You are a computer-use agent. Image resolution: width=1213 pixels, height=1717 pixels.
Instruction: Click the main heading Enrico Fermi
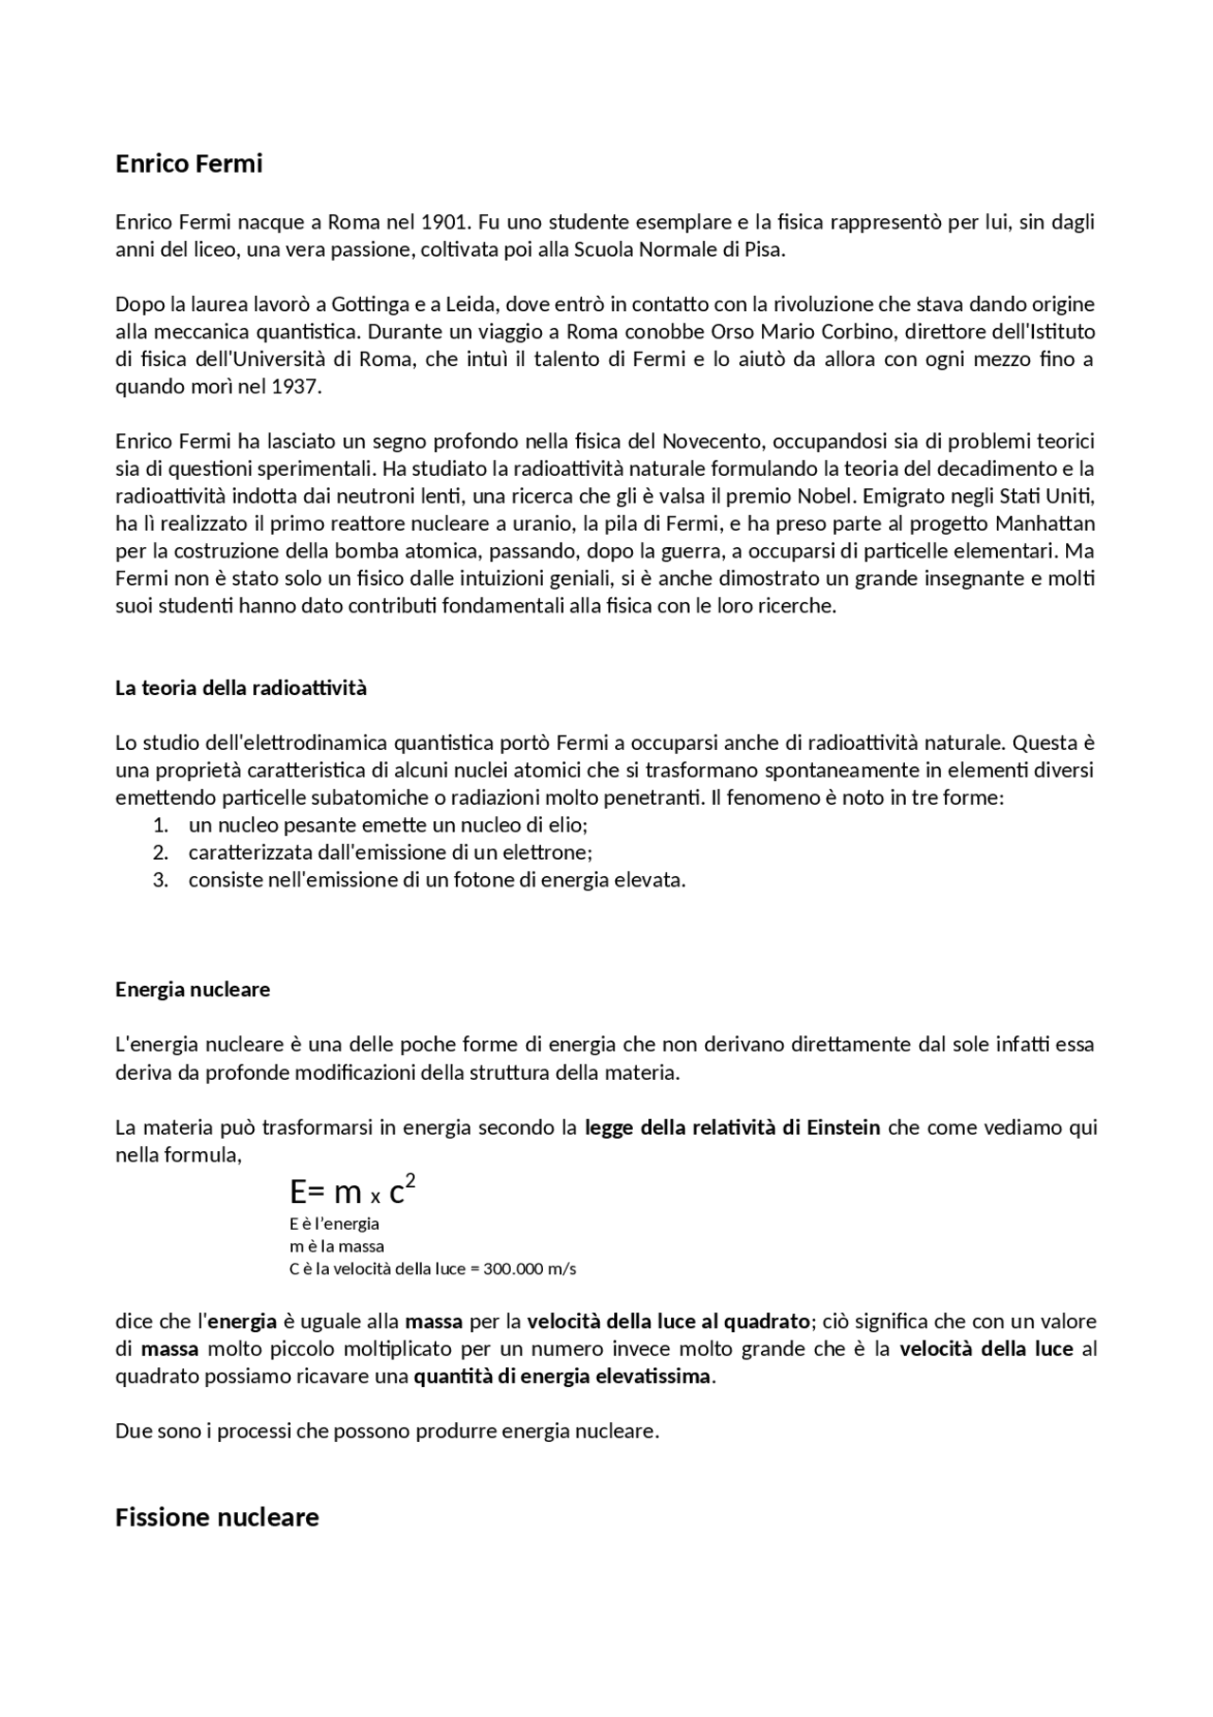(189, 164)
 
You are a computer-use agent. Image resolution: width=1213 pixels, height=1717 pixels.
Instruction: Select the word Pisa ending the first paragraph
(765, 250)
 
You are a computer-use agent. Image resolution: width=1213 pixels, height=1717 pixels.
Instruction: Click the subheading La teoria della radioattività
(241, 688)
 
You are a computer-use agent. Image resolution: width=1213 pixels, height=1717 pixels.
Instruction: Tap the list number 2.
(160, 852)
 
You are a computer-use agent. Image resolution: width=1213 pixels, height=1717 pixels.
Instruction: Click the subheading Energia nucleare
(192, 990)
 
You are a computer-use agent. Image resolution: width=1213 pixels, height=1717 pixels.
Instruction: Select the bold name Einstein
(845, 1128)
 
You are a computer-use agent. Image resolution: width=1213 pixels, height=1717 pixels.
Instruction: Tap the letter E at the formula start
(298, 1192)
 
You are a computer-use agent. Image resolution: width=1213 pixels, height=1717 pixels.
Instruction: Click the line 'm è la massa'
(336, 1246)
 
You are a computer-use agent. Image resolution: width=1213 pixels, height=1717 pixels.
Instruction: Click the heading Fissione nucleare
(217, 1518)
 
